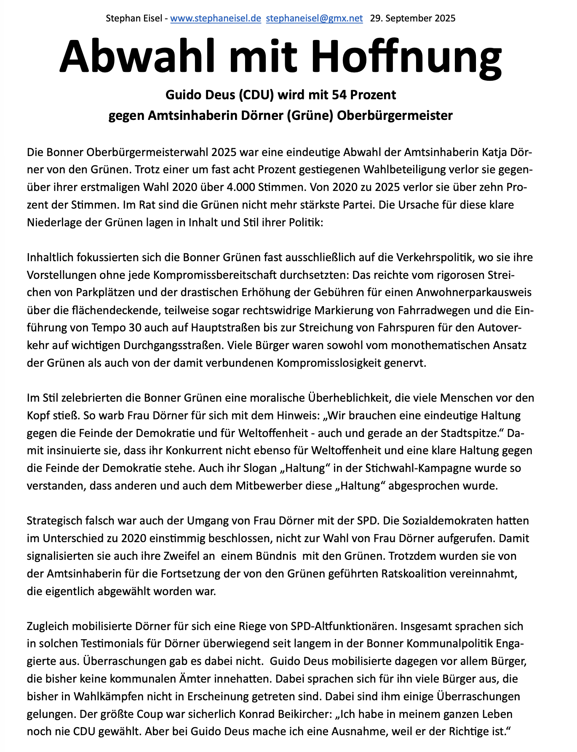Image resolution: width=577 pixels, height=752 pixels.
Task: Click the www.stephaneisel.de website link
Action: tap(216, 19)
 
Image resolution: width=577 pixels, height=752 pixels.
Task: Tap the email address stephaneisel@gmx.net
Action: tap(314, 19)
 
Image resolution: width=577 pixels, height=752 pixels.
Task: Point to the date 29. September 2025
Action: tap(413, 19)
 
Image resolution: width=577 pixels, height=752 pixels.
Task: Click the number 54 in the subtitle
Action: tap(339, 95)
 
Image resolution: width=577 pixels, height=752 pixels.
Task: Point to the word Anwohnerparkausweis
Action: tap(474, 293)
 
